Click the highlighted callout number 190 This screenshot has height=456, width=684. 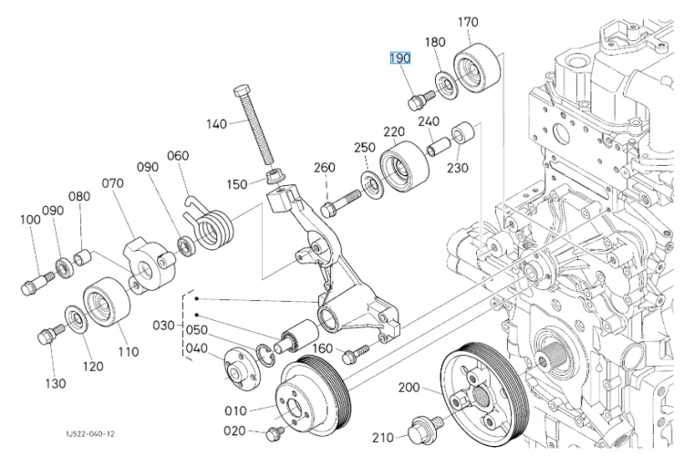pos(400,58)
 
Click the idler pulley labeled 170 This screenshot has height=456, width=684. pos(477,67)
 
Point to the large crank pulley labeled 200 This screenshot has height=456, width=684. pos(484,394)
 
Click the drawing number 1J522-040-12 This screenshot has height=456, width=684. pos(90,434)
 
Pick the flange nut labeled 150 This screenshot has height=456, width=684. pos(275,177)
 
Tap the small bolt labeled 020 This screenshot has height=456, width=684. pos(275,433)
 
